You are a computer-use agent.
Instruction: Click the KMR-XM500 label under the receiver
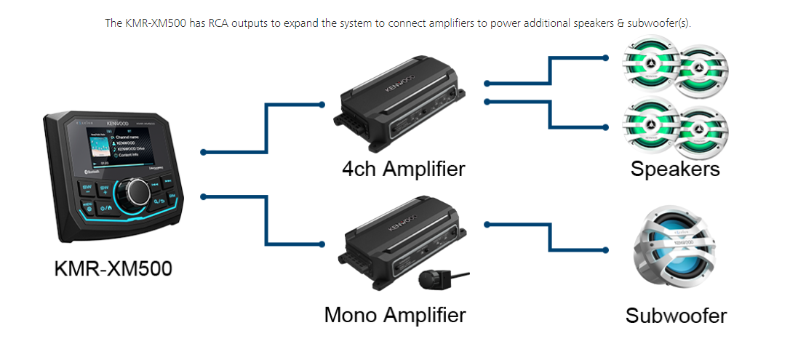coord(113,268)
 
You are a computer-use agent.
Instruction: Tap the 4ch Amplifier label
coord(404,169)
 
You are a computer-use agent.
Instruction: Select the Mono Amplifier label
coord(395,316)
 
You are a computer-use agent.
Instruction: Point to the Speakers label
coord(675,169)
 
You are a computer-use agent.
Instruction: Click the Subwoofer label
coord(676,316)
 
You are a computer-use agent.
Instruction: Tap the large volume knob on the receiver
coord(136,191)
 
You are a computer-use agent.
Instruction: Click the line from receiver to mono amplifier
coord(268,218)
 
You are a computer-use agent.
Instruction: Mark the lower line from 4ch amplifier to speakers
coord(551,113)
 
